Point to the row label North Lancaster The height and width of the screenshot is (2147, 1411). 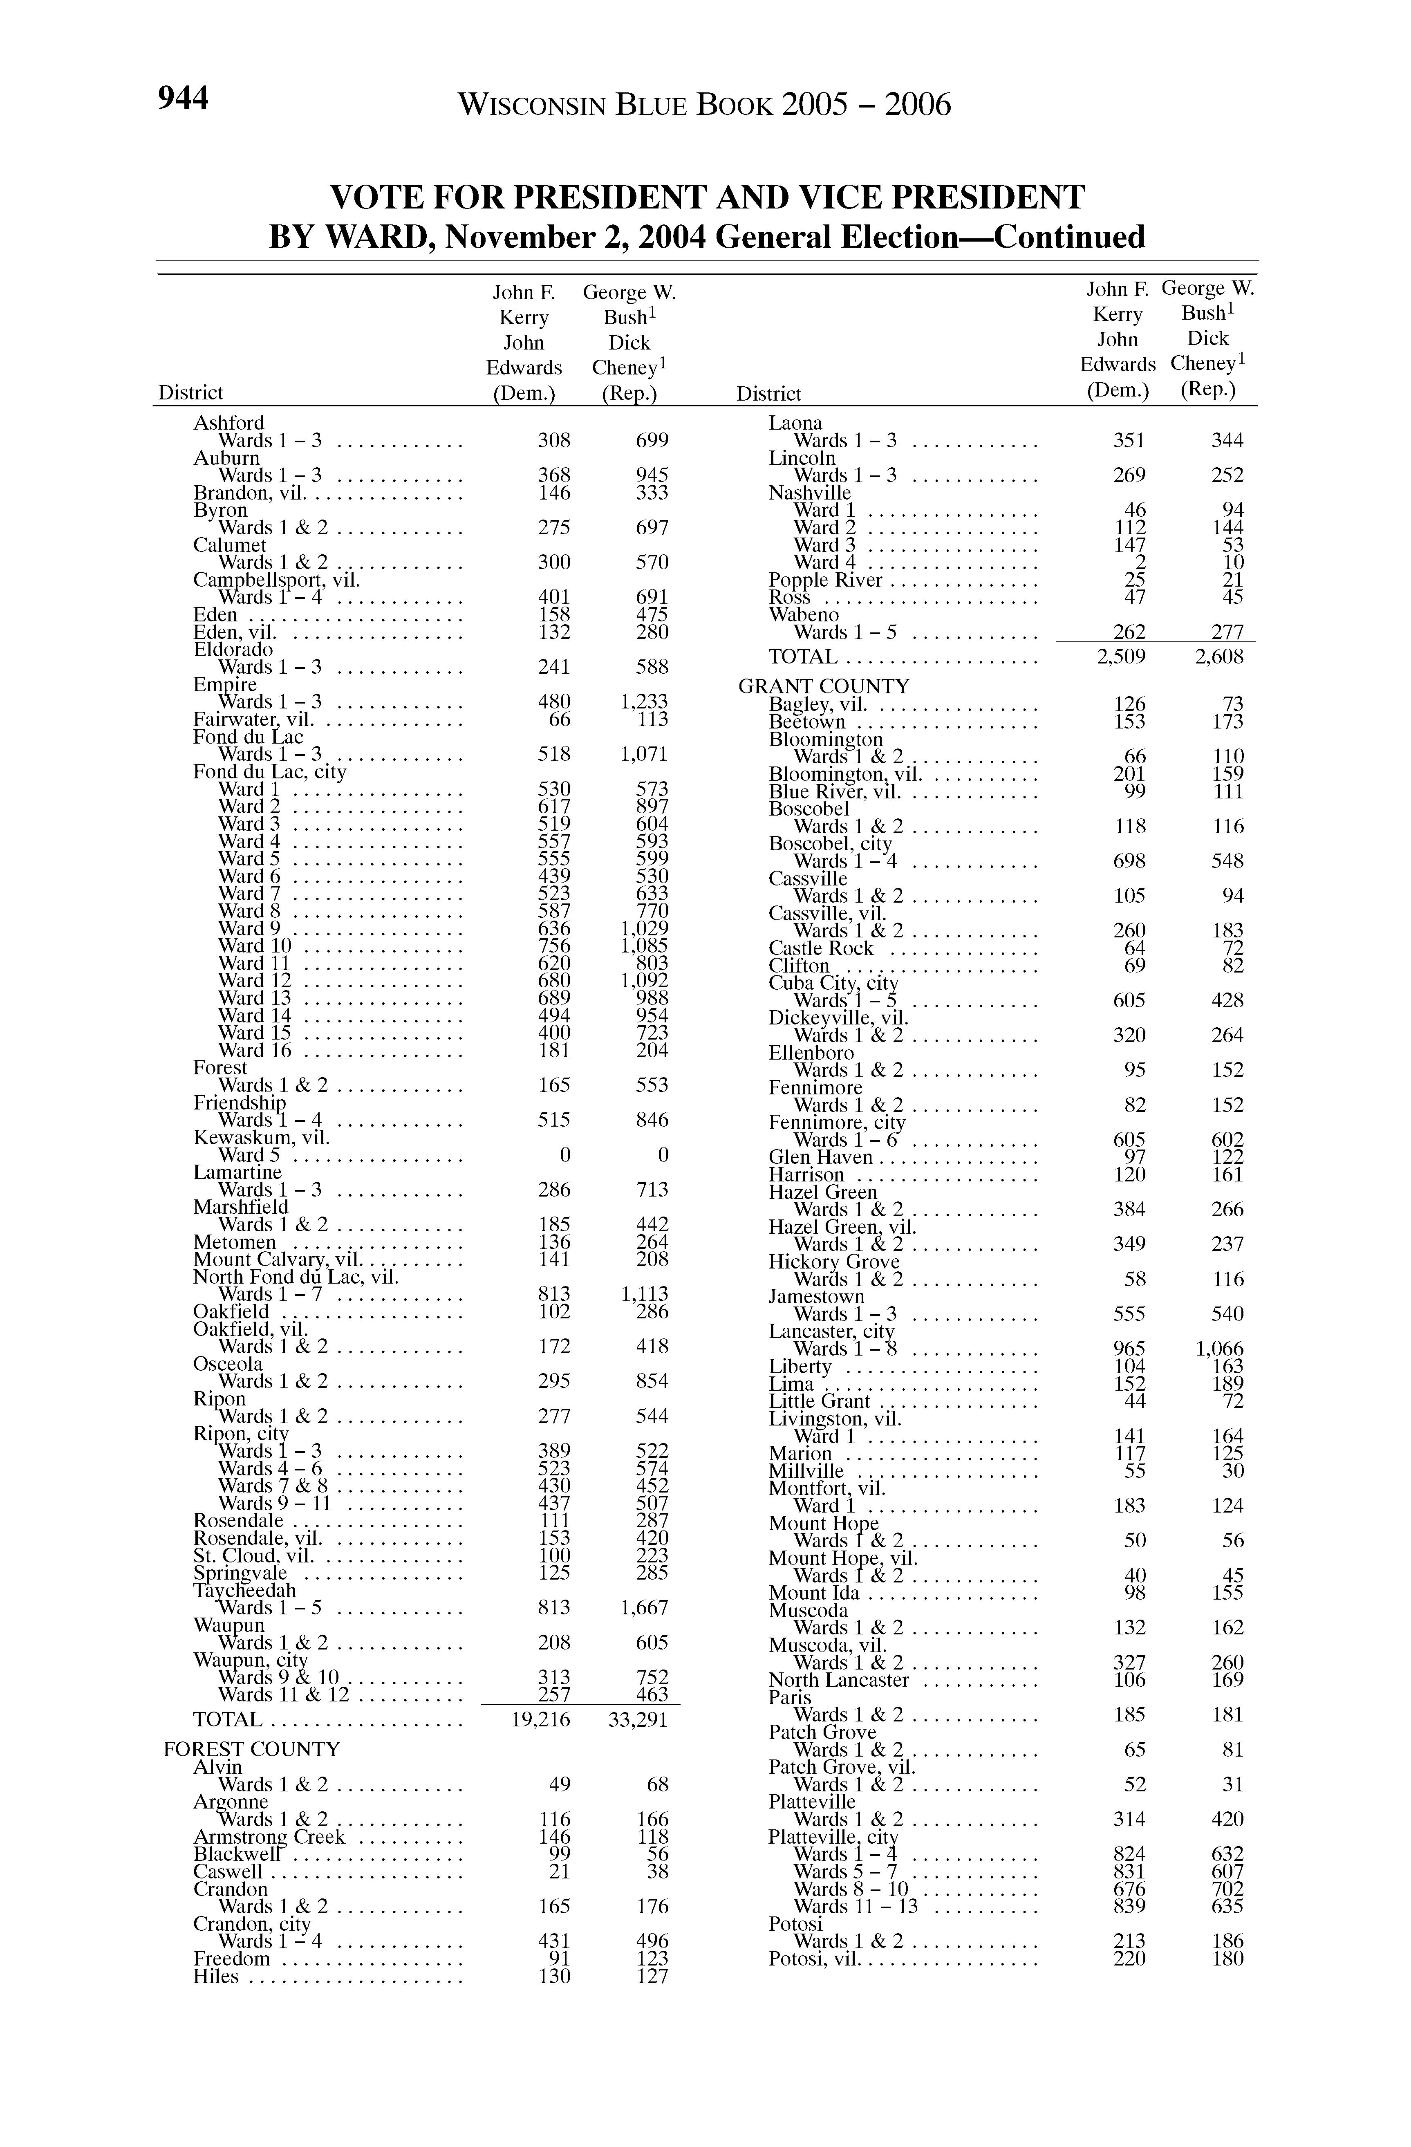[838, 1680]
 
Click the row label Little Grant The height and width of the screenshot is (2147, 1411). [819, 1401]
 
